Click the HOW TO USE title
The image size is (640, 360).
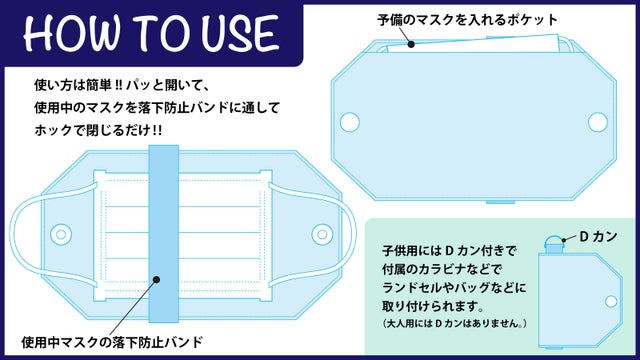click(x=151, y=32)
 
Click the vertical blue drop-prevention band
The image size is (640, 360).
click(x=164, y=233)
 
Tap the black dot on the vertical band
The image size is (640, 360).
click(x=157, y=280)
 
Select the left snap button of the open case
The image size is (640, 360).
click(x=61, y=234)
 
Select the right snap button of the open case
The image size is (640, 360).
click(x=322, y=234)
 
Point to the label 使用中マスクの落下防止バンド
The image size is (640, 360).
click(x=112, y=342)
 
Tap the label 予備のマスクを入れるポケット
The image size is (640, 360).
click(x=467, y=20)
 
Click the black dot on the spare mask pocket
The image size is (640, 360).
click(x=411, y=44)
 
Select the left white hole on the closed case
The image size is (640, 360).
click(x=350, y=122)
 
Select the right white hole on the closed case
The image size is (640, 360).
click(x=598, y=122)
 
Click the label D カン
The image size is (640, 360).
click(x=598, y=237)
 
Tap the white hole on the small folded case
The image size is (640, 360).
click(x=611, y=302)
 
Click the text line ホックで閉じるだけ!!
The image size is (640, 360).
click(x=98, y=130)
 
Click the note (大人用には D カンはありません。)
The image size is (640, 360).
click(x=455, y=324)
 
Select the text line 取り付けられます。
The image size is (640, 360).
click(x=433, y=306)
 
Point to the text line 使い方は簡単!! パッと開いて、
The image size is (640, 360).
click(x=122, y=85)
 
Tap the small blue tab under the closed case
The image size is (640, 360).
click(x=500, y=202)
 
